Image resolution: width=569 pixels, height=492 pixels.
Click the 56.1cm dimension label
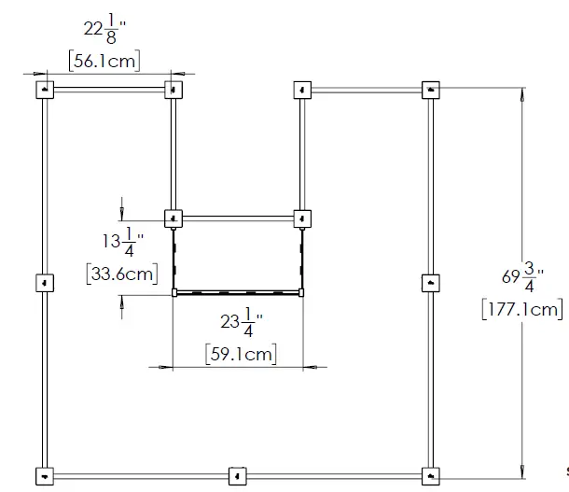105,61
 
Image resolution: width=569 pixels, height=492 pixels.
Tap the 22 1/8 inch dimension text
103,31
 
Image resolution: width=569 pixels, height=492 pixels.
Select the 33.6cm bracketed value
120,274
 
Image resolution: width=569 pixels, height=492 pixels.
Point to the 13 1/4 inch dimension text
121,243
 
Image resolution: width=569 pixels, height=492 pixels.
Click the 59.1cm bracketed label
241,354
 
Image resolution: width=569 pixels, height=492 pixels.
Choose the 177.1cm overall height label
522,308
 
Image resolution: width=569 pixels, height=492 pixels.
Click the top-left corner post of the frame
45,90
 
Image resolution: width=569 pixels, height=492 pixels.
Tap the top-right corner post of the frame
430,91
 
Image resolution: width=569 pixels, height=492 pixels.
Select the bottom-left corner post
45,475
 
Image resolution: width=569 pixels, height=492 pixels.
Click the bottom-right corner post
430,475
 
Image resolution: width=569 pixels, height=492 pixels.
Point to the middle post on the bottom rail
238,475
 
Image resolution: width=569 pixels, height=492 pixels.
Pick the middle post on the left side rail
45,283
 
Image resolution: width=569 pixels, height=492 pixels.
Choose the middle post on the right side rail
430,283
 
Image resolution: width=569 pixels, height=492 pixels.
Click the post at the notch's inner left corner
173,218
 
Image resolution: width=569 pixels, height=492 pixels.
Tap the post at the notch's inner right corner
301,218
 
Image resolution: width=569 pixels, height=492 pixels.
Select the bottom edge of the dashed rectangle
238,293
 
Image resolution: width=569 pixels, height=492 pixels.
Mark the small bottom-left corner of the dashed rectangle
174,293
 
